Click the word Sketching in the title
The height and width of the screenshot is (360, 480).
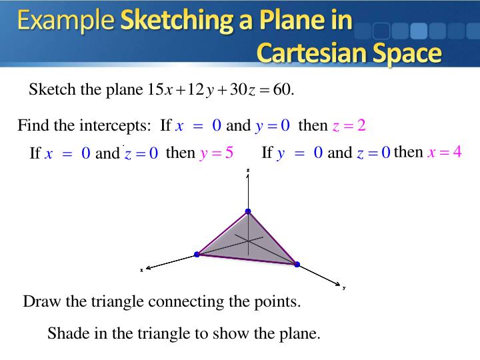click(x=175, y=21)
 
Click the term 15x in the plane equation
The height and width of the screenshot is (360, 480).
click(x=160, y=89)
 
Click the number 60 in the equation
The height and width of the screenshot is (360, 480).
click(x=282, y=89)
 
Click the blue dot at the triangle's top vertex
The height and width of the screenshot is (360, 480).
click(x=248, y=212)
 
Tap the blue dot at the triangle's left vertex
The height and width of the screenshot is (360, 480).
click(x=197, y=254)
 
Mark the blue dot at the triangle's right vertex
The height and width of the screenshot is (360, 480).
click(x=296, y=264)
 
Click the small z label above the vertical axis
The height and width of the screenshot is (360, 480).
click(x=248, y=171)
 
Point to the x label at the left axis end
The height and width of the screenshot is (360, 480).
click(x=141, y=270)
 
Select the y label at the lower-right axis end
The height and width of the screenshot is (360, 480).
click(x=344, y=288)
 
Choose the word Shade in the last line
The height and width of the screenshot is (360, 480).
click(x=65, y=333)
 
